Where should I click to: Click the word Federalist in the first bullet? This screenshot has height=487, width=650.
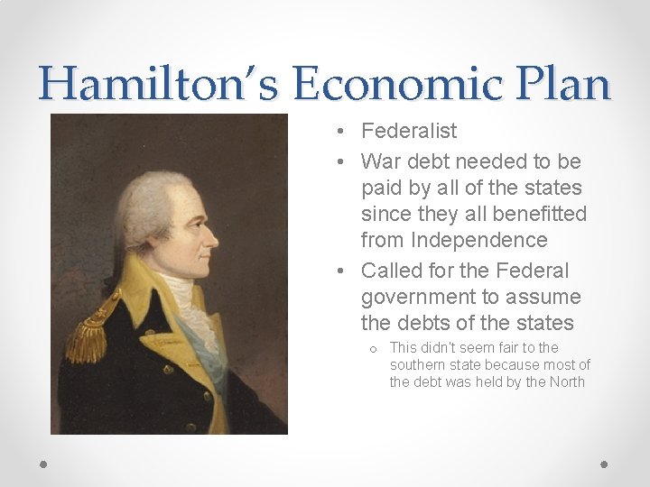point(409,131)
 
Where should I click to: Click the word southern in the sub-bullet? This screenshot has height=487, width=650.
point(420,364)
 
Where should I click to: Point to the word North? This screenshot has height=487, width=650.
point(567,381)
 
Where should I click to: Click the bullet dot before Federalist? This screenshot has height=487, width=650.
point(334,132)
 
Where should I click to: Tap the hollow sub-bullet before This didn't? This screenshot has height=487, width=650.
point(371,348)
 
